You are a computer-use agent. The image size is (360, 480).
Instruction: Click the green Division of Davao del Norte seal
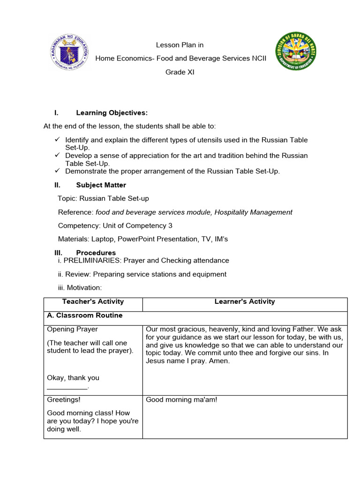[296, 52]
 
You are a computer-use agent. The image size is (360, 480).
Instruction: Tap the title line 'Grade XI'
[180, 72]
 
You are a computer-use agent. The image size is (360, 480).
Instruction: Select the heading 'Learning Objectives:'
[112, 113]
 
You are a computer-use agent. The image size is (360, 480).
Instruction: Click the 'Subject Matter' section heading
[101, 185]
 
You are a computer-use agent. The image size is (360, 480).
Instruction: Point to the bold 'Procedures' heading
[96, 253]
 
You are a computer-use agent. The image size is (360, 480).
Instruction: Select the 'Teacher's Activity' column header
[93, 302]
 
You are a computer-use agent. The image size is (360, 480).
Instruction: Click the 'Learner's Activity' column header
[245, 302]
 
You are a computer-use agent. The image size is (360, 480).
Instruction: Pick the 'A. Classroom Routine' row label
[85, 315]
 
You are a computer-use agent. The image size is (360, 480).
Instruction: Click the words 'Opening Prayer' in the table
[72, 330]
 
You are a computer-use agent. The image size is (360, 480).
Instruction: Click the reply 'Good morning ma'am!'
[181, 400]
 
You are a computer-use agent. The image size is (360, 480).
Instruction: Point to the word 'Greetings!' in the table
[64, 400]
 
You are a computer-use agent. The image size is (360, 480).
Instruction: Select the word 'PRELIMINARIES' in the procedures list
[92, 261]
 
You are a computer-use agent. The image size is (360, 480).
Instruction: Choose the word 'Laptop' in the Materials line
[102, 239]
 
